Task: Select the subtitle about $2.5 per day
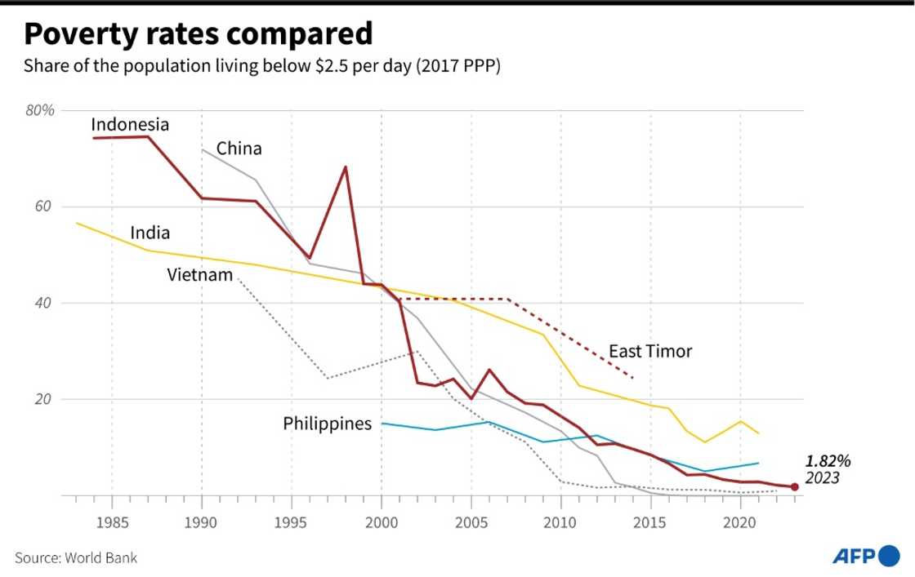261,66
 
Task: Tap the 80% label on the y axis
39,110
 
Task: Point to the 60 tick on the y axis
44,206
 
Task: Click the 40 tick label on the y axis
44,303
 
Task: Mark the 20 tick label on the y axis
44,399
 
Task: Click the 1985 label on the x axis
111,521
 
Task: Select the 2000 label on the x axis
381,521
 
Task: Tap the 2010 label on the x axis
560,521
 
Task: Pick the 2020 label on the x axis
740,521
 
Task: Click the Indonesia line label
130,125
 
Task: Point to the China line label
239,149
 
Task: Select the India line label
150,233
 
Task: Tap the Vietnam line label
200,274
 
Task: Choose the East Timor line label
650,352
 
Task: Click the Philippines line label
327,424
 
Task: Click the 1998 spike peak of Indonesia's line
346,167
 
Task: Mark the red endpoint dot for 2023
794,487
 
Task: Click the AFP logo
865,557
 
